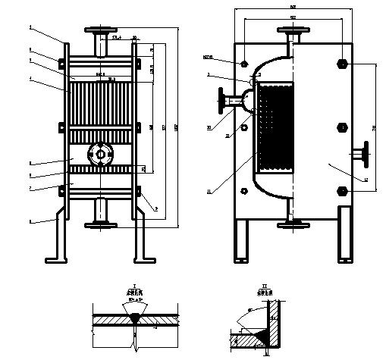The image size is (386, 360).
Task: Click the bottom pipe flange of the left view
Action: [100, 223]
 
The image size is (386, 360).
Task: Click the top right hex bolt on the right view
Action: [342, 64]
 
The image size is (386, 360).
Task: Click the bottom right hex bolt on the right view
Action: [342, 189]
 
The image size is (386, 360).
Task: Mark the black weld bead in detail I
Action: [134, 321]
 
